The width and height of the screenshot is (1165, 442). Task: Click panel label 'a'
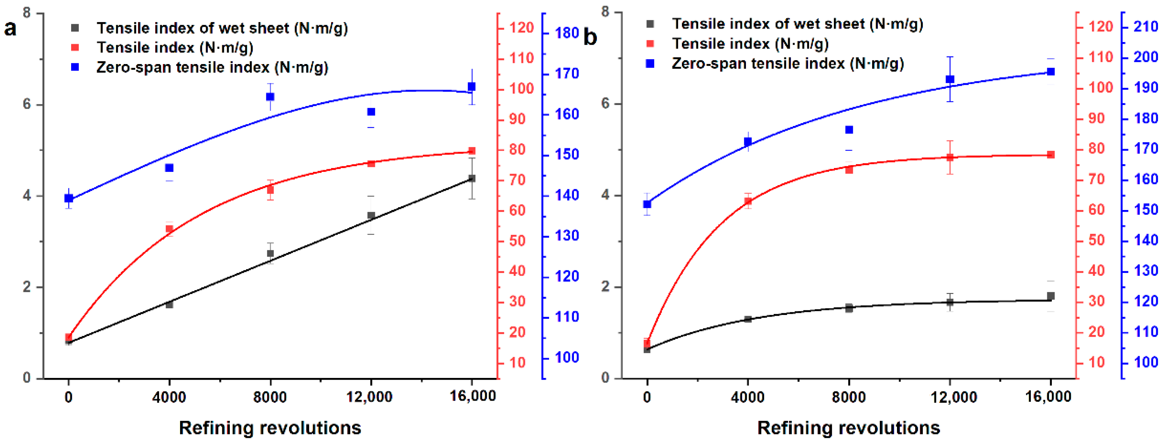pos(10,28)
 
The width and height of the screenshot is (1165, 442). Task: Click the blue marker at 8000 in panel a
pos(270,97)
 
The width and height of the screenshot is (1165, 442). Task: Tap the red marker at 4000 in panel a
pos(170,229)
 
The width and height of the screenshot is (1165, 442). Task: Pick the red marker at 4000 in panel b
pos(748,201)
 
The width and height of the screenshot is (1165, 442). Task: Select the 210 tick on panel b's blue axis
pos(1145,27)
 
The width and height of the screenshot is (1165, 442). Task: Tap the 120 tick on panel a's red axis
pos(521,28)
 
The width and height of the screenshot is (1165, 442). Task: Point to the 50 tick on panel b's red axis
pos(1096,240)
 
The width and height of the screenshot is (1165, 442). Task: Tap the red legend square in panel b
pos(650,43)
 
